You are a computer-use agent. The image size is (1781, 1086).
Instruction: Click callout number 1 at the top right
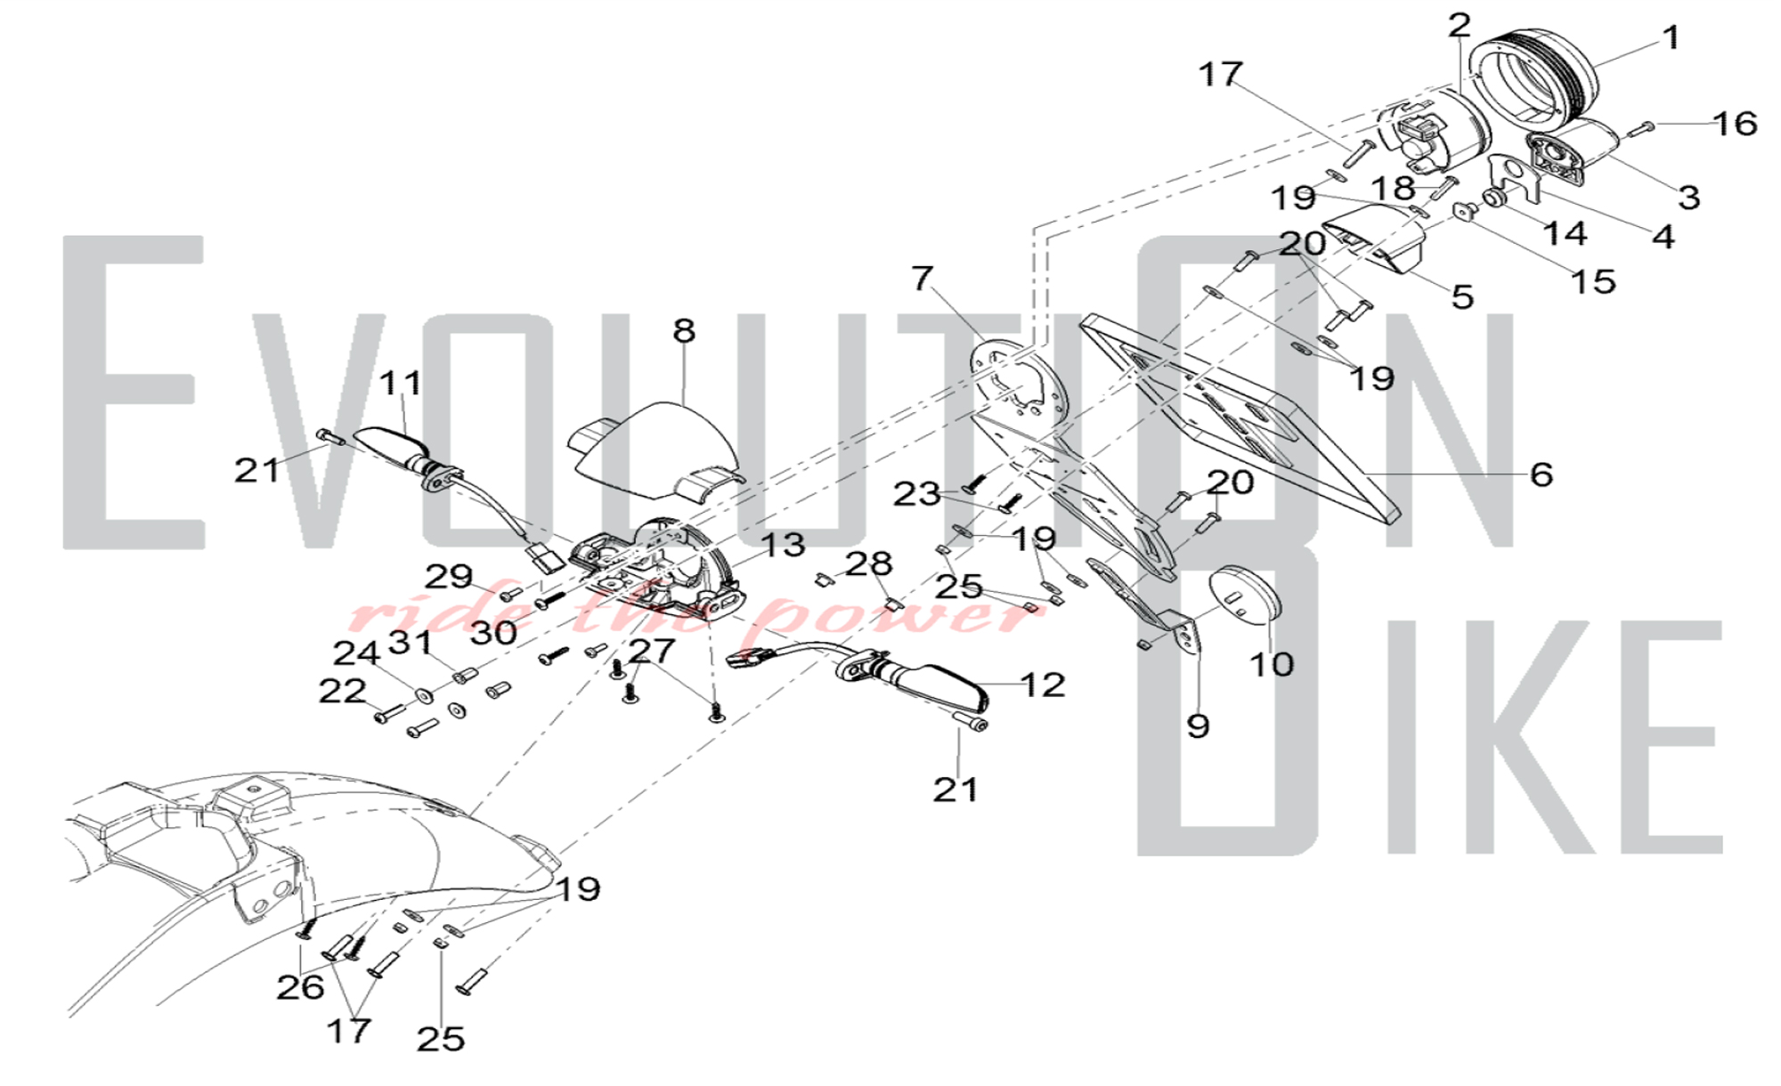1671,38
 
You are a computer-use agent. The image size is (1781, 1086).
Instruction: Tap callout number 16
1734,124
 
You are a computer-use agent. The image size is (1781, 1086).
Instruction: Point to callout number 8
684,331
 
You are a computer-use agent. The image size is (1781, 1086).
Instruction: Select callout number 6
1541,474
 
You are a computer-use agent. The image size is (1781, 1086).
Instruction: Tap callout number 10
1271,664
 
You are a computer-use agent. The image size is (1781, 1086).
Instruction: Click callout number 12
1043,685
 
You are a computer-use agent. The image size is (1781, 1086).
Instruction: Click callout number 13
783,546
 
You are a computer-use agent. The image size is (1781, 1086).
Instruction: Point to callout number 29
449,577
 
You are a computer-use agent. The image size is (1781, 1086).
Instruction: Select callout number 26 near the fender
300,987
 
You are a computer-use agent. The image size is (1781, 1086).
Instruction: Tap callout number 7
922,279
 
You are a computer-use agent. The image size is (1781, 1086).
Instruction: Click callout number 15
1592,282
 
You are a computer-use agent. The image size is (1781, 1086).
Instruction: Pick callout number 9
1198,726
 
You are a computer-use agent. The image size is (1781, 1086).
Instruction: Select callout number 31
411,642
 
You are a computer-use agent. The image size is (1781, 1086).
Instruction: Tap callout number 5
1462,296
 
